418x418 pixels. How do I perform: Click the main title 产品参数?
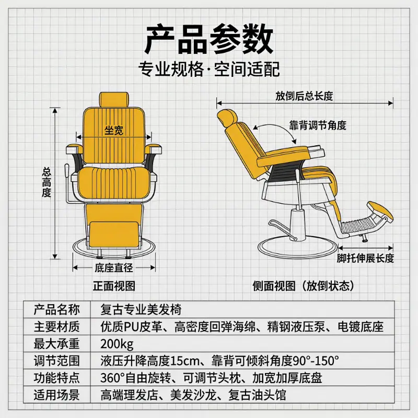tap(209, 40)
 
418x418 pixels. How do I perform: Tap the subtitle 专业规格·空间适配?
tap(209, 69)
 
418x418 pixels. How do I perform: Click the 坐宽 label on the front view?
tap(114, 130)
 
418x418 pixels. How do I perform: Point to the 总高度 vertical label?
tap(47, 182)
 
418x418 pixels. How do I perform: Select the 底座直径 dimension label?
tap(114, 268)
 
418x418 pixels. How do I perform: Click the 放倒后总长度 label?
tap(304, 96)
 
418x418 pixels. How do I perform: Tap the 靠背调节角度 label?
tap(318, 125)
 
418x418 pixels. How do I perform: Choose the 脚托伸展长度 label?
tap(365, 258)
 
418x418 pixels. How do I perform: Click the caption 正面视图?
tap(114, 286)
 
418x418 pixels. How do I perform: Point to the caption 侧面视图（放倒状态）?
tap(304, 286)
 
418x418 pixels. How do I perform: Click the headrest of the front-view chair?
tap(114, 100)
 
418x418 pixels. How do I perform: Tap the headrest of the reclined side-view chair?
tap(227, 118)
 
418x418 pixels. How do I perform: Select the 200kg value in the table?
tap(117, 344)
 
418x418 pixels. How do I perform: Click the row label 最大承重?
tap(56, 344)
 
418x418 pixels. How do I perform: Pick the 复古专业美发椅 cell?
tap(141, 310)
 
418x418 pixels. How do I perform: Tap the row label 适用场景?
tap(56, 395)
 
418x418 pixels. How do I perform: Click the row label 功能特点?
tap(56, 378)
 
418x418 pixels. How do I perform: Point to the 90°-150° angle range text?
tap(316, 361)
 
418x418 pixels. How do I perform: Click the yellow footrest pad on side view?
tap(380, 212)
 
